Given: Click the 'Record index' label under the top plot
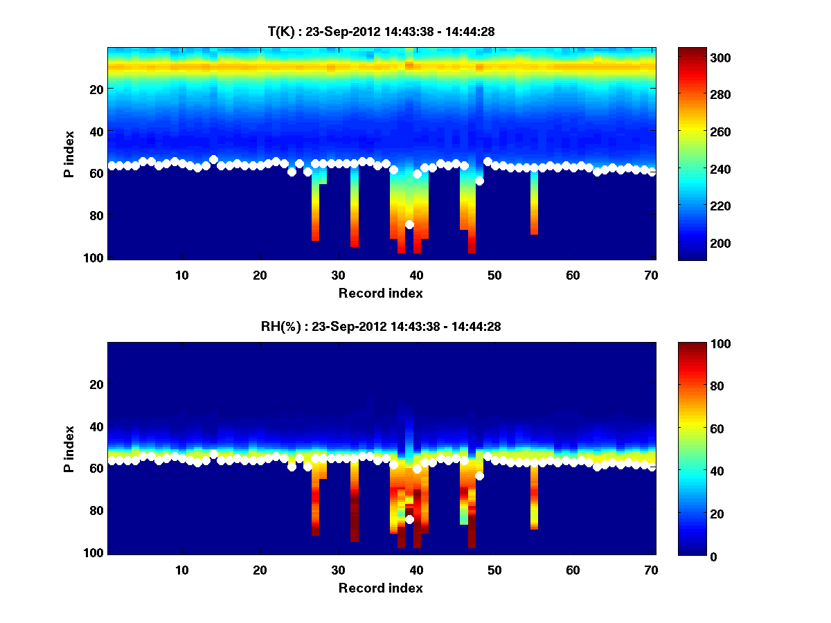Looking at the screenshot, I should [380, 293].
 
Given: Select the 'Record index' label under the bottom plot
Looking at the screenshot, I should [380, 588].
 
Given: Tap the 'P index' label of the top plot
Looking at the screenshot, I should [69, 154].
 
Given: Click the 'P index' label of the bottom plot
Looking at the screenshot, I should [69, 449].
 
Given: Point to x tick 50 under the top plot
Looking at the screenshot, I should [494, 275].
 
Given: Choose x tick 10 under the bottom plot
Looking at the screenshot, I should [181, 570].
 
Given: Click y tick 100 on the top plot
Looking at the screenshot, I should [94, 258].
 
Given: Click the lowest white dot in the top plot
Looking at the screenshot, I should [409, 224].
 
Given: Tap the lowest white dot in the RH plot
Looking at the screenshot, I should [409, 519].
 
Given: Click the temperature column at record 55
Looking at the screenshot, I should [534, 204].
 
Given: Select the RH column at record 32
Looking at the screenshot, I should [355, 502].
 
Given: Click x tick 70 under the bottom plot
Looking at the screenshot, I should [651, 570].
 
